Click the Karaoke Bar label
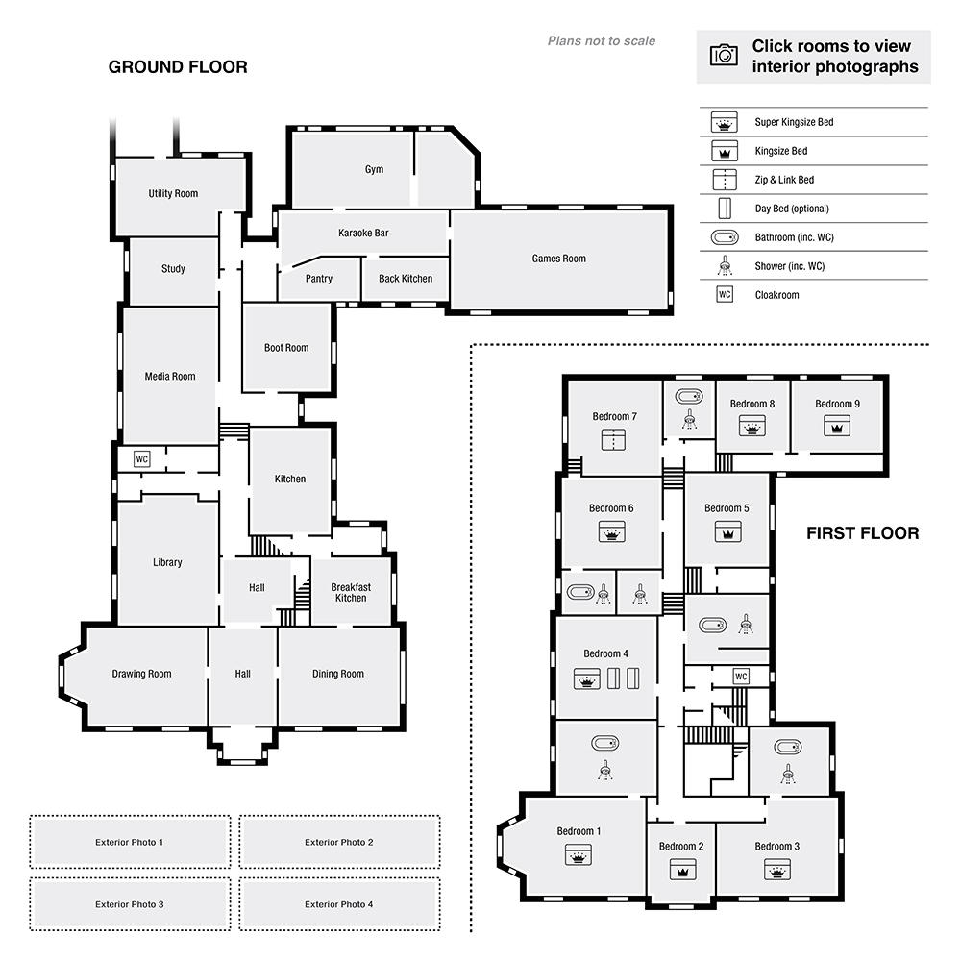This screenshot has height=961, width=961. [x=363, y=233]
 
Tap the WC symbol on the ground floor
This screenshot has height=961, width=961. [x=142, y=458]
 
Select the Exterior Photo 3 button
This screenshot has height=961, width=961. [x=130, y=904]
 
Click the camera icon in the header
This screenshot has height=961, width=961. [x=724, y=55]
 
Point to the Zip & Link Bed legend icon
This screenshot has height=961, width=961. [x=724, y=180]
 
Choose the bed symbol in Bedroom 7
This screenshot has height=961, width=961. [x=613, y=440]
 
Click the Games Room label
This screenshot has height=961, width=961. [x=558, y=259]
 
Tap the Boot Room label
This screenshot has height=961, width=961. [x=286, y=348]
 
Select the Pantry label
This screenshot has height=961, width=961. [x=319, y=279]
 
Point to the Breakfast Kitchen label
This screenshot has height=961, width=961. [x=351, y=592]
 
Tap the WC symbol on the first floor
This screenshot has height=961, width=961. [x=741, y=676]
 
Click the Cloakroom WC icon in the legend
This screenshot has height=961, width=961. [x=724, y=294]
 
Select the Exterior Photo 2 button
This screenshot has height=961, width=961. [x=339, y=842]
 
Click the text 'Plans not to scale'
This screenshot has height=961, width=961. [x=602, y=41]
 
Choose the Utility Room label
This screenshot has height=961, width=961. [x=173, y=193]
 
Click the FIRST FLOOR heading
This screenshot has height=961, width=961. [x=862, y=533]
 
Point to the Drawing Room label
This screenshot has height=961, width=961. [x=141, y=674]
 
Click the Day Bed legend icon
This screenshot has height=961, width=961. [x=724, y=209]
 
